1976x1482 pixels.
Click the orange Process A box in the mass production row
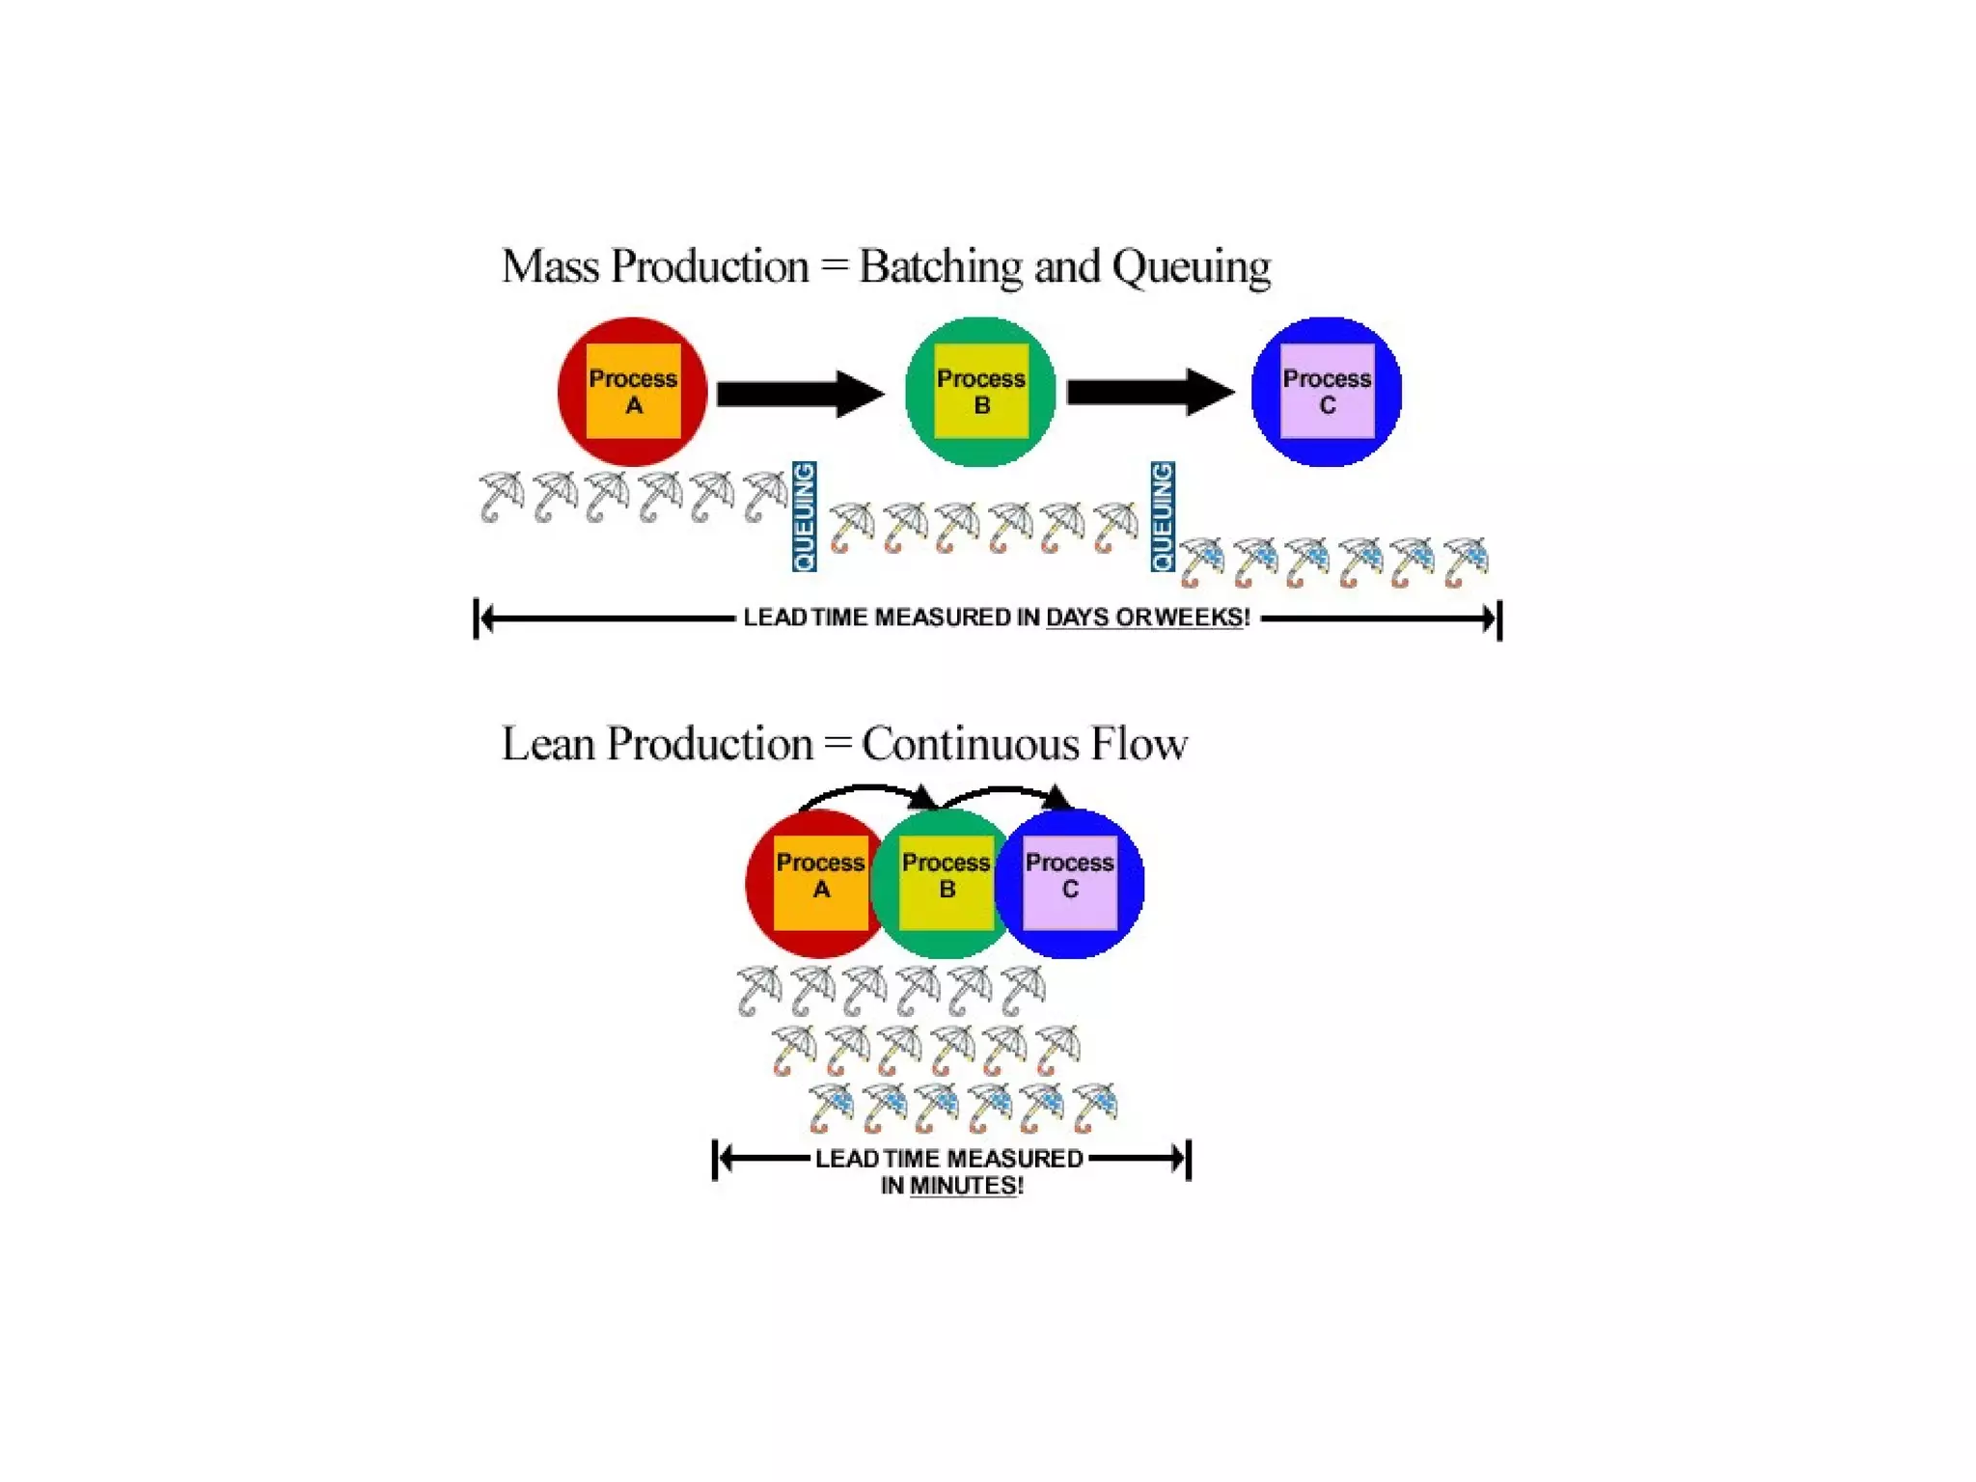633,391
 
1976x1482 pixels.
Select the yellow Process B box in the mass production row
980,391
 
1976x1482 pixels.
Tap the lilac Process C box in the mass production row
1327,391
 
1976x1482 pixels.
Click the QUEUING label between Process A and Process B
804,516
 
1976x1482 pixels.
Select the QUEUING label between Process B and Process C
1163,516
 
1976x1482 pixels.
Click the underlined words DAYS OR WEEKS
1145,617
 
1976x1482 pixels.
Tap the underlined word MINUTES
964,1186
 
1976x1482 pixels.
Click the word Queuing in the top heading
1191,267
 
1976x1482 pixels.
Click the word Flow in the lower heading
1139,744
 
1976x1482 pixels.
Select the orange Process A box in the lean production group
820,883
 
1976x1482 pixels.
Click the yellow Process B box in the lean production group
946,883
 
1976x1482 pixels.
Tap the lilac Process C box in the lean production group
1069,883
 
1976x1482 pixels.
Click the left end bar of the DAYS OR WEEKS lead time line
477,618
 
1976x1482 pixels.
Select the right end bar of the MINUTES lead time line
1189,1159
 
